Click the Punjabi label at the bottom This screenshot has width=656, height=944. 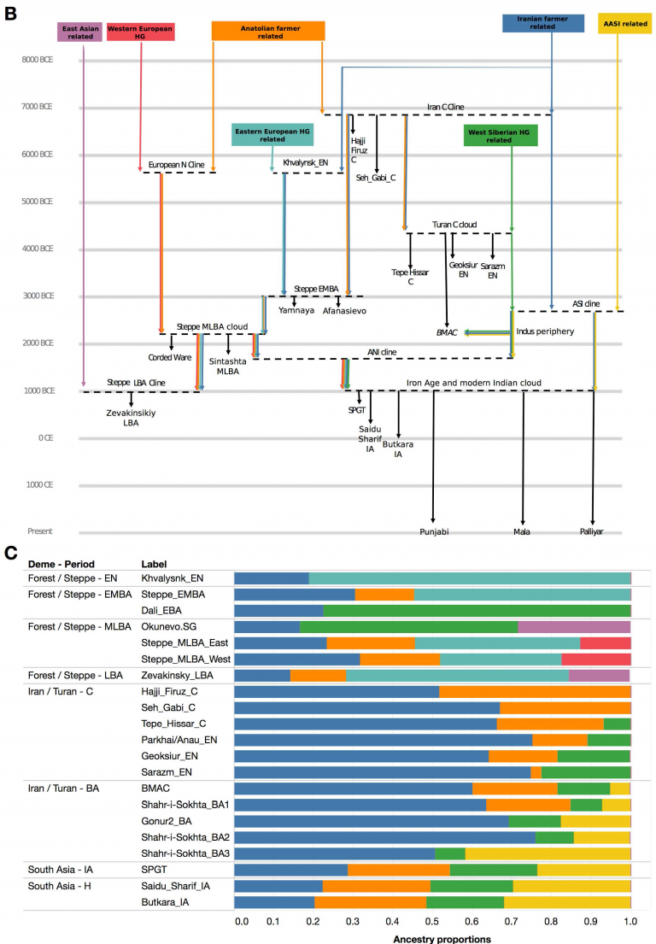pyautogui.click(x=433, y=531)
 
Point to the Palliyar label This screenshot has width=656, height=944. pyautogui.click(x=594, y=531)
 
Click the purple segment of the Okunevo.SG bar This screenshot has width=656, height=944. pyautogui.click(x=574, y=626)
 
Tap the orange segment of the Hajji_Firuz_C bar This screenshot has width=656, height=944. pyautogui.click(x=535, y=691)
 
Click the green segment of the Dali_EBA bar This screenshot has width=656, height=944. pyautogui.click(x=477, y=610)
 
